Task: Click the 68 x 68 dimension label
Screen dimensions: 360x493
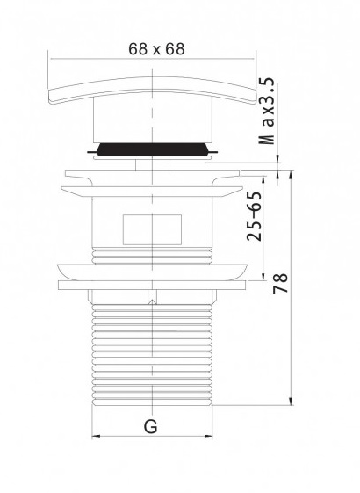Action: pos(156,49)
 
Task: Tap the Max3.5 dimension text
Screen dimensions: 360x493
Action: pos(267,112)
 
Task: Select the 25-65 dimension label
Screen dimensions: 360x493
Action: pos(254,216)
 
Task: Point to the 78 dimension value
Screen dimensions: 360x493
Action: pos(280,283)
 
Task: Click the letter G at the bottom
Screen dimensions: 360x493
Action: pos(151,426)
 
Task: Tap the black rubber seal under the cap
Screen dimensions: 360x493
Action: pos(153,149)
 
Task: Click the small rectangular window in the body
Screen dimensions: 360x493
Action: pos(152,229)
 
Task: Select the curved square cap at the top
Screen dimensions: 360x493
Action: pos(153,90)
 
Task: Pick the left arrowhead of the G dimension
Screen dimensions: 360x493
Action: pos(96,436)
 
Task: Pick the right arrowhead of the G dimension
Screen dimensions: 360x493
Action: pos(209,436)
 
